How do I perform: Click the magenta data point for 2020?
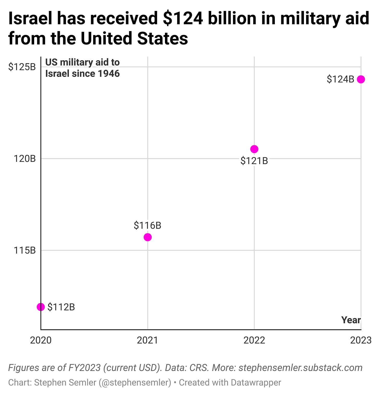[x=41, y=307]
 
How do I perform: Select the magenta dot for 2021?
[x=147, y=237]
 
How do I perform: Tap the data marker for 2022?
[x=254, y=149]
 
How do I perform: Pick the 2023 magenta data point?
[x=361, y=79]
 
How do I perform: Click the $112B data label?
[x=61, y=307]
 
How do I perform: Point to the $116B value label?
[x=147, y=225]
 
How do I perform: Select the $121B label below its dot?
[x=254, y=161]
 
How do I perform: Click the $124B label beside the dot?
[x=340, y=79]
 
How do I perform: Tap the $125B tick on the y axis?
[x=22, y=67]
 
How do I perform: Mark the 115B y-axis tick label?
[x=25, y=250]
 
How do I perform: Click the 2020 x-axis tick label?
[x=41, y=340]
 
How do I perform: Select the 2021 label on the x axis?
[x=147, y=340]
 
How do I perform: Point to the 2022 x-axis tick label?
[x=254, y=340]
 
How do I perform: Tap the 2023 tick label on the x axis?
[x=361, y=340]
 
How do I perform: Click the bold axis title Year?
[x=351, y=320]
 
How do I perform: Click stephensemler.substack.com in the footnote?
[x=300, y=368]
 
